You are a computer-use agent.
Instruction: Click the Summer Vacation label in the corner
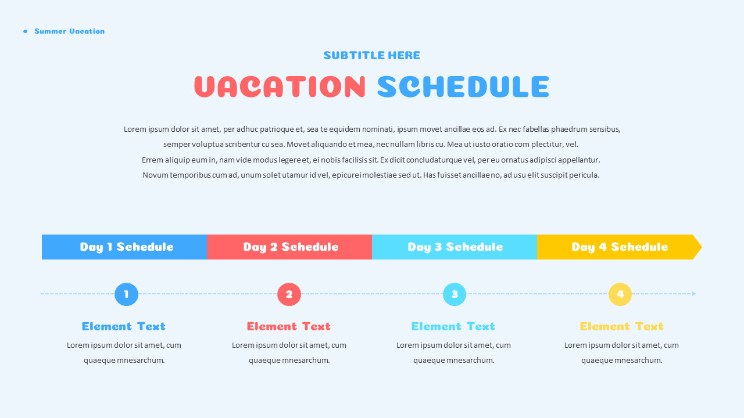69,31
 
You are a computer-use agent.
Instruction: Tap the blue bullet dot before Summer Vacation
25,31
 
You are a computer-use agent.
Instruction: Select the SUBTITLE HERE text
371,56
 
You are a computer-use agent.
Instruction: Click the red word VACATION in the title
280,87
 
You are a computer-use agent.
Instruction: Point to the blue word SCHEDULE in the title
463,87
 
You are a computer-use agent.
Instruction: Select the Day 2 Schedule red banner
290,247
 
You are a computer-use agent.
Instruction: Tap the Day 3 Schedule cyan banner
455,247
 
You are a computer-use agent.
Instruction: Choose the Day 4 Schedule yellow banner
619,247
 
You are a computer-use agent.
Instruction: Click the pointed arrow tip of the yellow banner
697,247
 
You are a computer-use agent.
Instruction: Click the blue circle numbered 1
126,294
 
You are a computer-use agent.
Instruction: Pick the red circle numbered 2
289,294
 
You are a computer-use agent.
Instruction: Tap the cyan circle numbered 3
455,294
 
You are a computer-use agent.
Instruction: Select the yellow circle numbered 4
620,294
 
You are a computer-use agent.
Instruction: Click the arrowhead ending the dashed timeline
694,294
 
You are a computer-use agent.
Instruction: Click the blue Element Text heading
124,326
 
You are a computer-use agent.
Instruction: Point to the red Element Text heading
289,326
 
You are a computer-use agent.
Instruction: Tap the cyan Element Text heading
453,326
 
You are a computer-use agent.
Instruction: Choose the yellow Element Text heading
621,326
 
